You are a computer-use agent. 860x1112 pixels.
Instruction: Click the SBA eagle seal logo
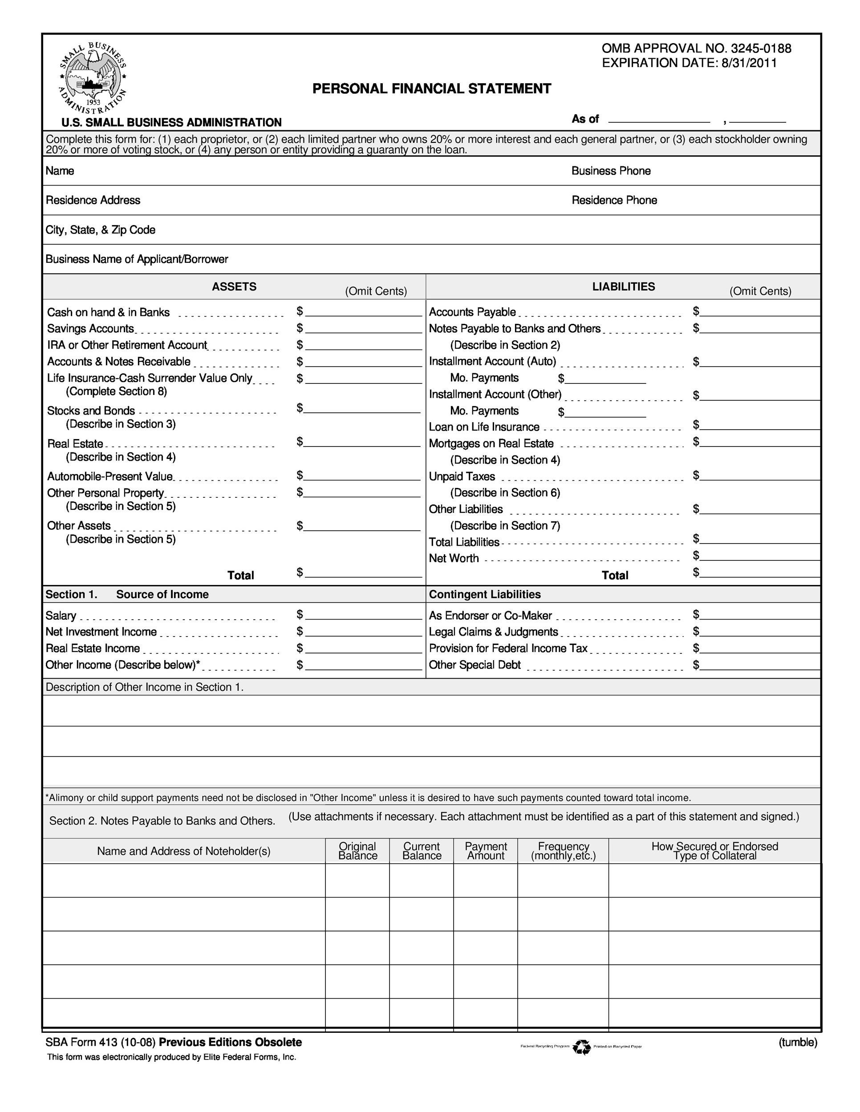(93, 78)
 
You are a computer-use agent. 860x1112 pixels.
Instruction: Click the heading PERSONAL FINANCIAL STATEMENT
(431, 89)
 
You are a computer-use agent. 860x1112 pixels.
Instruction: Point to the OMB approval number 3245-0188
(761, 48)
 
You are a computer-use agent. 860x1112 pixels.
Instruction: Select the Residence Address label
(93, 200)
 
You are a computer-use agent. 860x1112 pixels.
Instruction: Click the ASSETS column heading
(234, 286)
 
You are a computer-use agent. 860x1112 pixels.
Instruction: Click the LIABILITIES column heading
(623, 286)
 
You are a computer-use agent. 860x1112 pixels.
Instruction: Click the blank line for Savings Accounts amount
(363, 329)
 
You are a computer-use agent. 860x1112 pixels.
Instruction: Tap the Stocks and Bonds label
(91, 411)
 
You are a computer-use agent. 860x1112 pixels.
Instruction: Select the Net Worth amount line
(759, 556)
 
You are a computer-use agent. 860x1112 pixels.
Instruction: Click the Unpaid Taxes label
(462, 476)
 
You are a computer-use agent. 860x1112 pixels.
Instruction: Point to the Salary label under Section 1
(61, 616)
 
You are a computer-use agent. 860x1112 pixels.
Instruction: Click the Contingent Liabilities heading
(484, 594)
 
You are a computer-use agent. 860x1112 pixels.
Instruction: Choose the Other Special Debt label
(475, 665)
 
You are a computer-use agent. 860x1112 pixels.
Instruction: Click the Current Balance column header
(422, 851)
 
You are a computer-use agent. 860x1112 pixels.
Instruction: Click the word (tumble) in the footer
(797, 1042)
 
